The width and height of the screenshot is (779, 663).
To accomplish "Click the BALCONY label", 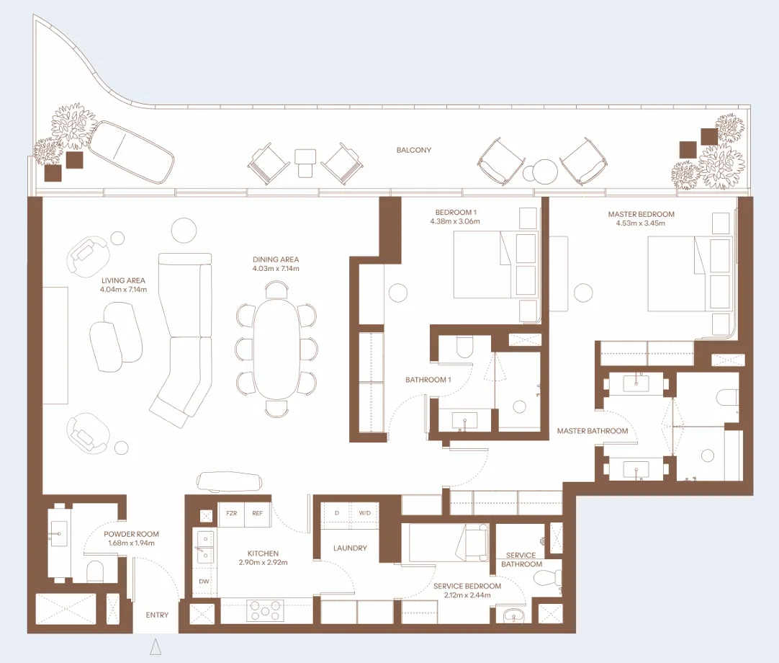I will [x=413, y=151].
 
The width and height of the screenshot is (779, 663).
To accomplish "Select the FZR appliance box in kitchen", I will [x=231, y=514].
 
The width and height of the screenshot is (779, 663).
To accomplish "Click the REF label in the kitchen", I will [x=257, y=514].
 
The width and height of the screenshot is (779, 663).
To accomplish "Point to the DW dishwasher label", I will [x=204, y=582].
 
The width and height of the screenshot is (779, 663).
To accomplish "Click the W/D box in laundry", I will [x=364, y=513].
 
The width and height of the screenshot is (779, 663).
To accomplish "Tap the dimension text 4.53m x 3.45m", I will [x=641, y=223].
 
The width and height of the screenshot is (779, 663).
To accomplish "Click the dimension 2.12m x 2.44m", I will [x=467, y=595].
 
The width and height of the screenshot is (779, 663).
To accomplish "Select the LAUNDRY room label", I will [x=350, y=548].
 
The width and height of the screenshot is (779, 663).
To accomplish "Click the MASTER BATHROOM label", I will [x=593, y=431].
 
